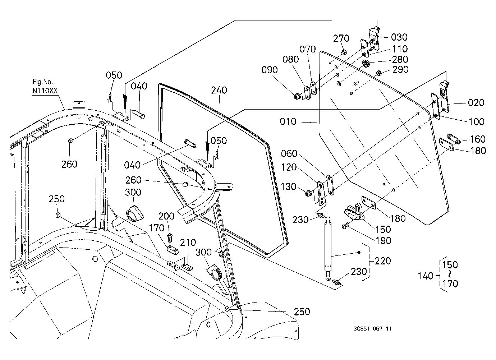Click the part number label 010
click(x=288, y=121)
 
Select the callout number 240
click(x=219, y=90)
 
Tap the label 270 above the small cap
click(x=341, y=38)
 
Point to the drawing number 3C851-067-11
click(x=373, y=328)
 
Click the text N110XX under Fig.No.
click(x=45, y=91)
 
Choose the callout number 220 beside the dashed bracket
click(x=383, y=261)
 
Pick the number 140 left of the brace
click(x=425, y=276)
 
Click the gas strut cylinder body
click(x=328, y=247)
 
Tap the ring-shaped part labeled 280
click(x=366, y=64)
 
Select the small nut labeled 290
click(x=378, y=73)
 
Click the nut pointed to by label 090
click(x=297, y=96)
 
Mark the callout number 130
click(x=288, y=186)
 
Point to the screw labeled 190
click(x=345, y=226)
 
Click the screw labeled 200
click(x=170, y=238)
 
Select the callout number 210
click(x=188, y=243)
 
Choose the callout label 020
click(x=476, y=103)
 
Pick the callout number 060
click(x=289, y=154)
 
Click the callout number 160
click(x=478, y=139)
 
